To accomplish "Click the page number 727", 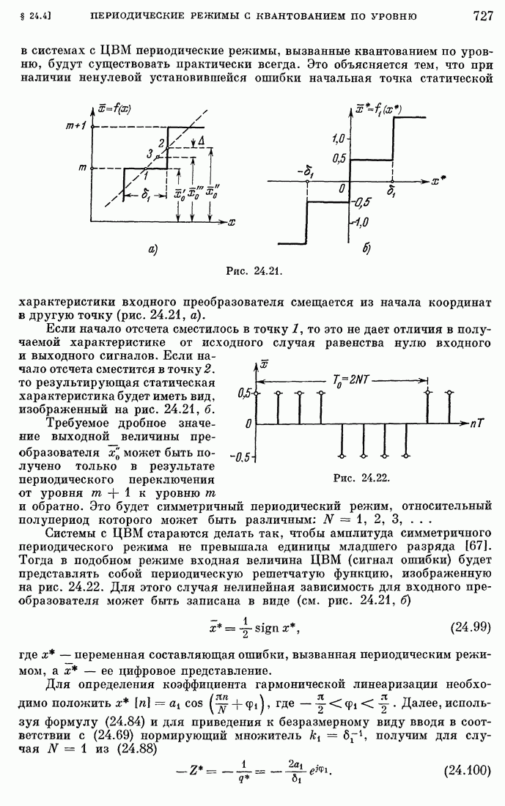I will click(x=482, y=15).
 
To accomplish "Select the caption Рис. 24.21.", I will click(x=253, y=270).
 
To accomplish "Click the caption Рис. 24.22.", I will click(x=361, y=478).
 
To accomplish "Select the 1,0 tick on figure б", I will click(x=337, y=138).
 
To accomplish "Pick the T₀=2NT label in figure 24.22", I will click(x=351, y=380).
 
